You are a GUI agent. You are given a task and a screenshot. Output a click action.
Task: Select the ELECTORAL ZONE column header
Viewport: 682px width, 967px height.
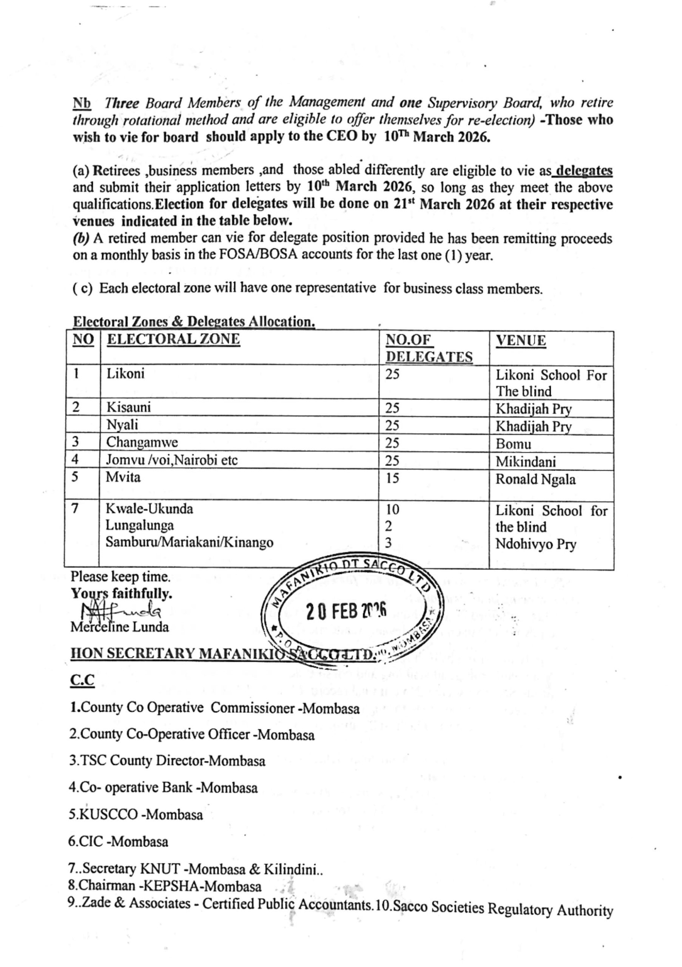(173, 339)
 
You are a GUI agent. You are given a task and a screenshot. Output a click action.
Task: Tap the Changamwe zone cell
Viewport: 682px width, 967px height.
(142, 443)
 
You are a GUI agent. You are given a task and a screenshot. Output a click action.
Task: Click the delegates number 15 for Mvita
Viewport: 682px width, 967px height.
(392, 479)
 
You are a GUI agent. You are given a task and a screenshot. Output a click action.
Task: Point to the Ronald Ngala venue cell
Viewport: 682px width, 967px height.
(535, 480)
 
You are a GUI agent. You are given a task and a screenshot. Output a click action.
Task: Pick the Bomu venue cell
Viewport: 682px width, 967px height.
(513, 444)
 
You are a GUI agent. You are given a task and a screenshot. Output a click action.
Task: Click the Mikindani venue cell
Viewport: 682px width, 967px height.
(525, 462)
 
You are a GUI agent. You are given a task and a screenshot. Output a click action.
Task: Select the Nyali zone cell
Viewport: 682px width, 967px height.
(122, 425)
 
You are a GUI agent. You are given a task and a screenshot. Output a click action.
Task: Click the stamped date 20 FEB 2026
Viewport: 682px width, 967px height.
(346, 611)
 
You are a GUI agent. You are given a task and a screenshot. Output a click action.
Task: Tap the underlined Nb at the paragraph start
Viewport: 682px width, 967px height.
(82, 103)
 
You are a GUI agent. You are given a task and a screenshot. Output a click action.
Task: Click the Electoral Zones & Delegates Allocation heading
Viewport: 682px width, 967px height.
(194, 322)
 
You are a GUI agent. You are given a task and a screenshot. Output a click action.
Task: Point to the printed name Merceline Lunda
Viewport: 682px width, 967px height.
(120, 627)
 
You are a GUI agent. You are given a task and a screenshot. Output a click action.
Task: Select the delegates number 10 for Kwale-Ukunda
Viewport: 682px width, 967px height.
(392, 510)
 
